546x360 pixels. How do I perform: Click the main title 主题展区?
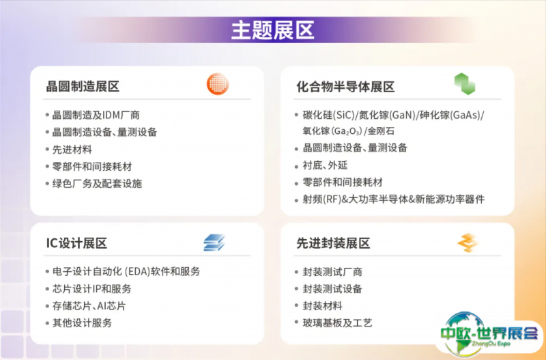coord(272,30)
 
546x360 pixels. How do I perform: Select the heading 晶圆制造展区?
coord(83,87)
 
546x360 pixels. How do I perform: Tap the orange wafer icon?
coord(218,84)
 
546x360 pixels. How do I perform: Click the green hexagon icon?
coord(465,84)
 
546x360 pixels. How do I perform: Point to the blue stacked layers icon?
coord(214,243)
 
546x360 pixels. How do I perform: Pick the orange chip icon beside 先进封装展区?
coord(468,243)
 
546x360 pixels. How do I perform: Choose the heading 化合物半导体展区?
coord(345,87)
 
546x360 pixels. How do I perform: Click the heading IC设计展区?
coord(76,243)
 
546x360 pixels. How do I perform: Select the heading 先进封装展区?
coord(333,243)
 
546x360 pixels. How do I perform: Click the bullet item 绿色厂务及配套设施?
coord(97,184)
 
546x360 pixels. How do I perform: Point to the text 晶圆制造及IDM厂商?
coord(96,115)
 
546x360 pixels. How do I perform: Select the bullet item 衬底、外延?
coord(326,165)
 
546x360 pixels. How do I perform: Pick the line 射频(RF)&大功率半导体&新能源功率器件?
coord(394,199)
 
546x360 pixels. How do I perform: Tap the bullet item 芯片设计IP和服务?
coord(92,288)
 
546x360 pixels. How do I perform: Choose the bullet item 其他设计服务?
coord(82,322)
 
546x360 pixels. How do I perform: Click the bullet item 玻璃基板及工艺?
coord(338,322)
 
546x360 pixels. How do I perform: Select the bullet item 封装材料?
coord(323,306)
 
